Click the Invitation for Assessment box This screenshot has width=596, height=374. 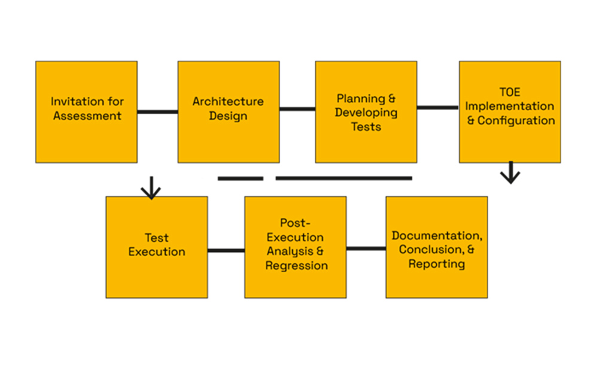pos(87,112)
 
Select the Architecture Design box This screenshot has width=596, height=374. pos(229,112)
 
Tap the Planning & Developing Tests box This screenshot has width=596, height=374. pos(366,112)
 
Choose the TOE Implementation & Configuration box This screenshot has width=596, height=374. pos(510,112)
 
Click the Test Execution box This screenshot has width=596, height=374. pos(157,247)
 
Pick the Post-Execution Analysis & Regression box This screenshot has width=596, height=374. pos(296,247)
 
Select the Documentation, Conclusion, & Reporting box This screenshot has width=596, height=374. pos(437,247)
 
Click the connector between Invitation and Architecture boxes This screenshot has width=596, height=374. pos(158,112)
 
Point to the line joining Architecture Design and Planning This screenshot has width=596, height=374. pos(297,109)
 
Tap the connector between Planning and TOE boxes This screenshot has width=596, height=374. pos(438,108)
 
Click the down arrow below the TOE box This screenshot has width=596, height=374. pos(510,173)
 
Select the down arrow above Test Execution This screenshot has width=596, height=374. pos(151,188)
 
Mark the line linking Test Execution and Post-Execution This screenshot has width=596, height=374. pos(226,251)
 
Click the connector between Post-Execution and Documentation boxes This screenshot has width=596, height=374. pos(366,248)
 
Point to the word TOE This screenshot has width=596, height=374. pos(510,92)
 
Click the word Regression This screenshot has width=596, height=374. pos(296,266)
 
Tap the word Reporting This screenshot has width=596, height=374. pos(437,264)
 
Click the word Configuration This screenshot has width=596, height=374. pos(516,121)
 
